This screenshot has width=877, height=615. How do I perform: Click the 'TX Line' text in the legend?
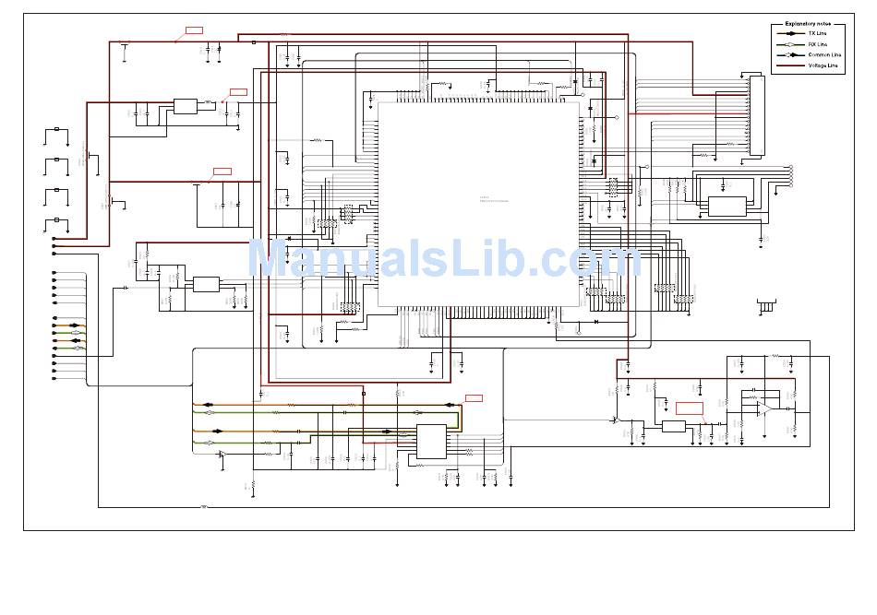817,33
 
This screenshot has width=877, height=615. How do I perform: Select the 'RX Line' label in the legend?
817,44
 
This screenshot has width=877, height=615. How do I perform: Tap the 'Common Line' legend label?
824,55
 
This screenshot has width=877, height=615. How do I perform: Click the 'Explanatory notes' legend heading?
807,23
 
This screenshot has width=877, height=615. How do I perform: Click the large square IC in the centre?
478,204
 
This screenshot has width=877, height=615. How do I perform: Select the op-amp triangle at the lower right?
764,408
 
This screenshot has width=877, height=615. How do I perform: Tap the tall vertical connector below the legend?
758,116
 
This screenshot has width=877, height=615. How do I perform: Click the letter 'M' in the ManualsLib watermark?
270,259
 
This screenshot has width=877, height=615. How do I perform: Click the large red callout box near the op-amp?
689,408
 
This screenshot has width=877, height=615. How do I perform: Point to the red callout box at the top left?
194,30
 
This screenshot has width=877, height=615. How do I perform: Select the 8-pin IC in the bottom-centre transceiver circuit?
431,442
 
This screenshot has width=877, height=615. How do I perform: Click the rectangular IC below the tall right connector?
727,206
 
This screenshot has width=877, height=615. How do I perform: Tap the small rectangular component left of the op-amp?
674,426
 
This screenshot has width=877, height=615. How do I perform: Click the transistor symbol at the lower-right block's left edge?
616,419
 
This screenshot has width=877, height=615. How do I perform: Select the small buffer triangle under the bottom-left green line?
222,454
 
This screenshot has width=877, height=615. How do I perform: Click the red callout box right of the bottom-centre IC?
474,397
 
